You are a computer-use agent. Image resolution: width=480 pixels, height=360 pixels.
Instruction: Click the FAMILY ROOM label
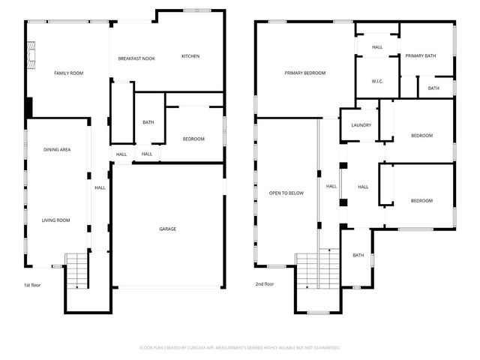coord(67,73)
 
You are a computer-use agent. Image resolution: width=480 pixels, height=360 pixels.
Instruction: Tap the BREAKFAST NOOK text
coord(136,58)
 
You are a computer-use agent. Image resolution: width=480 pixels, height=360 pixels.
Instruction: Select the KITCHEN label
coord(190,56)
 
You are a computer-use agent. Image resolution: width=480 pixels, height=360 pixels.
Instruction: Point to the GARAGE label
coord(167,229)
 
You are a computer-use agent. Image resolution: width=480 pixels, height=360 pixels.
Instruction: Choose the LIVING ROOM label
coord(56,220)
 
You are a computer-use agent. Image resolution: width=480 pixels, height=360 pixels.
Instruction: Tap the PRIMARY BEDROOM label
coord(304,73)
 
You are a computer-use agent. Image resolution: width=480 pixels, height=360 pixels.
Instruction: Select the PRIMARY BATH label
coord(421,55)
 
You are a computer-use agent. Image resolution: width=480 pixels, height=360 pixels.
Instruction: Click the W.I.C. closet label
coord(377,81)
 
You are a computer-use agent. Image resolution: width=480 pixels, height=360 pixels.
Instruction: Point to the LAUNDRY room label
coord(361,124)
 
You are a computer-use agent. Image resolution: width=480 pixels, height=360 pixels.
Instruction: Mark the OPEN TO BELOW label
coord(286,193)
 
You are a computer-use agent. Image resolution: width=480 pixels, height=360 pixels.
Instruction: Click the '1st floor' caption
coord(33,284)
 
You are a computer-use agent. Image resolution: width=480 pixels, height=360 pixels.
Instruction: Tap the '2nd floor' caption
coord(264,284)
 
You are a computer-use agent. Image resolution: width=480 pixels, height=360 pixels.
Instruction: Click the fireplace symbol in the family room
coord(31,54)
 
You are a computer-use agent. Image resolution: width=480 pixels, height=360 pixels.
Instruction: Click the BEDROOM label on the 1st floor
coord(194,139)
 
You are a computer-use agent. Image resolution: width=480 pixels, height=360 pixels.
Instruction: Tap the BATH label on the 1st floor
coord(148,122)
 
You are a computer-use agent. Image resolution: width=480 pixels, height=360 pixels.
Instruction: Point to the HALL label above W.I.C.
coord(376,46)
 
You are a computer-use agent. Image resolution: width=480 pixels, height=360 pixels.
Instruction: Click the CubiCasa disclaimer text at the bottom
coord(240,347)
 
